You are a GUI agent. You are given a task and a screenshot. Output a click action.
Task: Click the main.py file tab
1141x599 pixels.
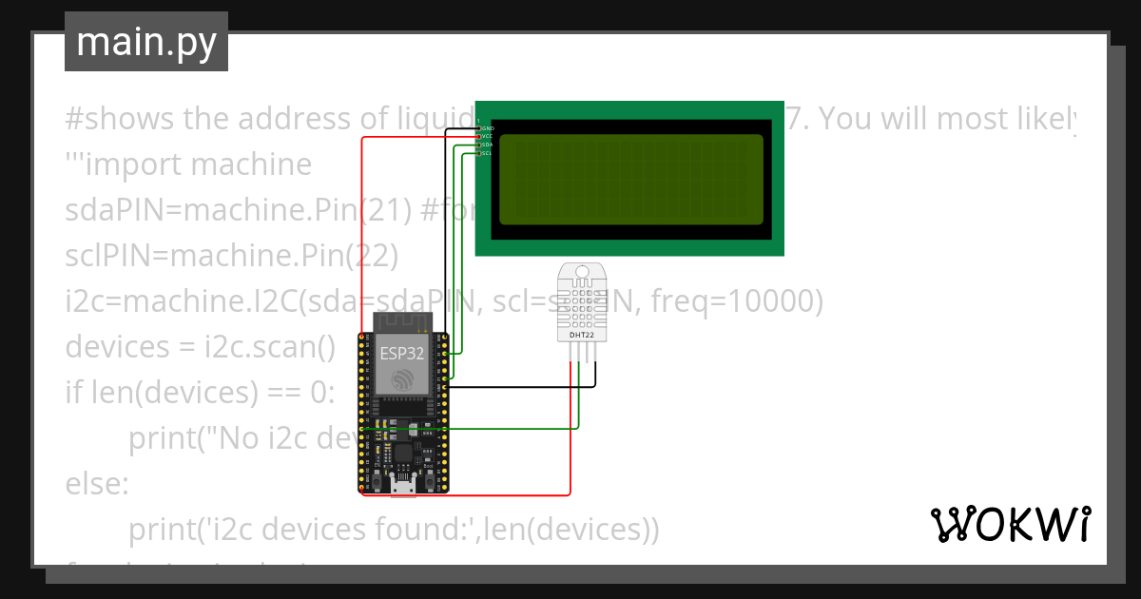click(146, 43)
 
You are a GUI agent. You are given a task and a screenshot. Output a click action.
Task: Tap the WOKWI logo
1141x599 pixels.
click(1010, 525)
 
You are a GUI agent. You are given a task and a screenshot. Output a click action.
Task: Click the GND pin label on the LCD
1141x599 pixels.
click(487, 127)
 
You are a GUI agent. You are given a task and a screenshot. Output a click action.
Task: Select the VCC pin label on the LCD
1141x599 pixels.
click(487, 136)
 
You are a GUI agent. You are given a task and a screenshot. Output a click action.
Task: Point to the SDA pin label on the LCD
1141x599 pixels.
click(487, 145)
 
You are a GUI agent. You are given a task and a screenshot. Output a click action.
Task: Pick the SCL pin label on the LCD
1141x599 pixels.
click(487, 153)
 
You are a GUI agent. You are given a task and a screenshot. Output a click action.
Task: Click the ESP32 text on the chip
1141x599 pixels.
click(403, 353)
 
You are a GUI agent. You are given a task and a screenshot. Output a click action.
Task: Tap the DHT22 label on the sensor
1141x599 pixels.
click(582, 335)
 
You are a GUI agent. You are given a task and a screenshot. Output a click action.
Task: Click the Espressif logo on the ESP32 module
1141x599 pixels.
click(403, 379)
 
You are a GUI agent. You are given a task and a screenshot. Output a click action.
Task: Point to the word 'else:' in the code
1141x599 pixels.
click(96, 484)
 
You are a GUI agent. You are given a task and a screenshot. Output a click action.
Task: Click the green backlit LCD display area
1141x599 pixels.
click(630, 180)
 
